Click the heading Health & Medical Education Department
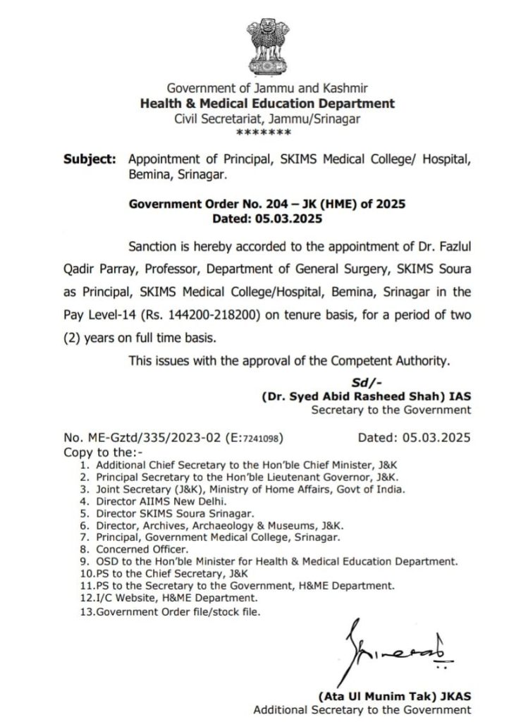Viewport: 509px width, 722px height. tap(267, 104)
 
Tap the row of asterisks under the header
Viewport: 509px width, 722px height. tap(268, 133)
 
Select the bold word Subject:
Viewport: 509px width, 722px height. tap(90, 160)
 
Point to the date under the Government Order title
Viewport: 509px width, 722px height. tap(267, 219)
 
